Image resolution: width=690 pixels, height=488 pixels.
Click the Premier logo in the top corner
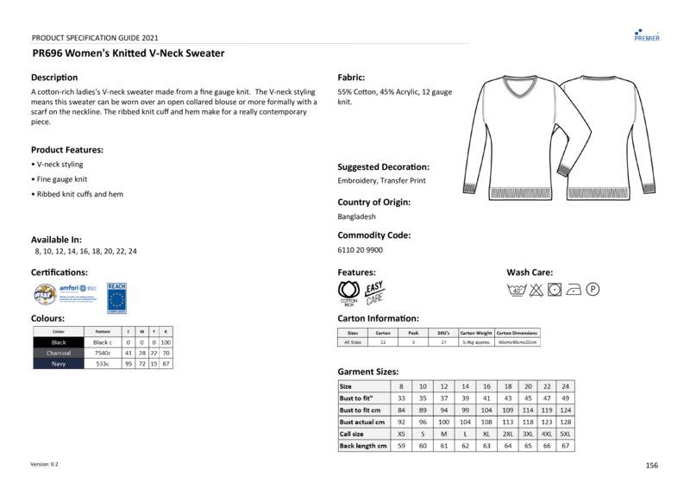[646, 34]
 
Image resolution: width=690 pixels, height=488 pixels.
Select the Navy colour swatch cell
[59, 364]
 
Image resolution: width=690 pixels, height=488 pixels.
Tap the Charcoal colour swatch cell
[59, 353]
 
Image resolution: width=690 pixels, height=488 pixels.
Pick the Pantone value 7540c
[103, 353]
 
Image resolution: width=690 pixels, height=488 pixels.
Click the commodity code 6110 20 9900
[360, 250]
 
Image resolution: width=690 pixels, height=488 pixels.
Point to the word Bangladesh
[356, 216]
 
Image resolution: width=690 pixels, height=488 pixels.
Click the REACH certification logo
[116, 297]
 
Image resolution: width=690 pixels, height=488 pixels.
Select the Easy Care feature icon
[374, 292]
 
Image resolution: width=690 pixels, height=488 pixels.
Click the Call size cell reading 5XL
[565, 434]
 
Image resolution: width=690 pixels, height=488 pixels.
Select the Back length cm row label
[363, 446]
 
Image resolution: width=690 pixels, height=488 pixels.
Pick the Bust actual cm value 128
[565, 422]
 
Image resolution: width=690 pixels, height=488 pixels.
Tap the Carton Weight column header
[475, 332]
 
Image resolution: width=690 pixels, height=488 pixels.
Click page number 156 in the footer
[651, 465]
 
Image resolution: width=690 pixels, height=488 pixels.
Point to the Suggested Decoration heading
[383, 166]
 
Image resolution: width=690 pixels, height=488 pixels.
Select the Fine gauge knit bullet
[61, 179]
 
